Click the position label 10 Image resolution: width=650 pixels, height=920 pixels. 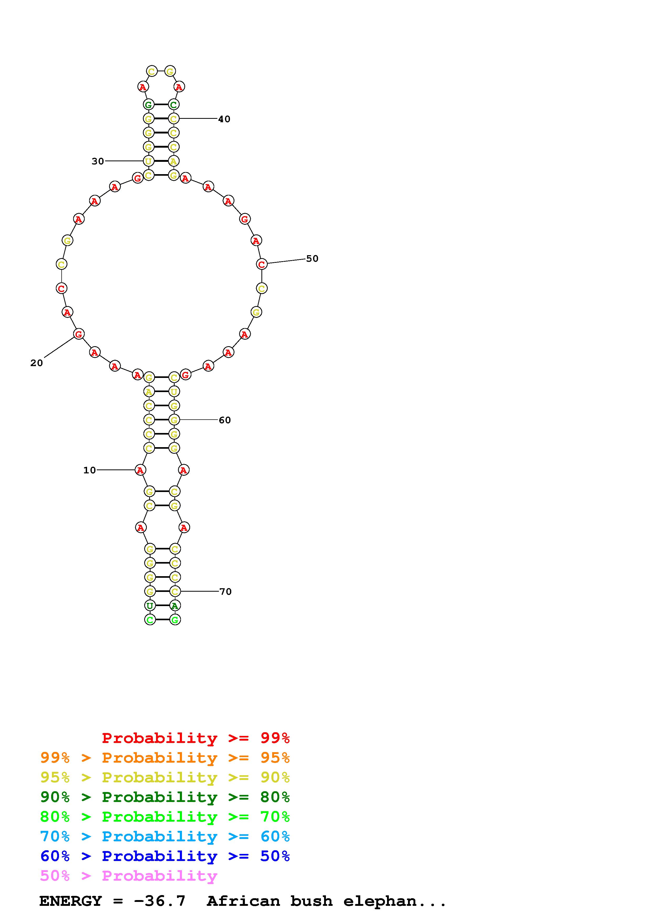90,470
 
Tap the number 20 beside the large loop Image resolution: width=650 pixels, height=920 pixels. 36,363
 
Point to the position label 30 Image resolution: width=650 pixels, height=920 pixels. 98,161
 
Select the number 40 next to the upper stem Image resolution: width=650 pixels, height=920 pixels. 224,119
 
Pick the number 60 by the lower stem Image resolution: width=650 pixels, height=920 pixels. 225,420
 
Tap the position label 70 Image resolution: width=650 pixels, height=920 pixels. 225,591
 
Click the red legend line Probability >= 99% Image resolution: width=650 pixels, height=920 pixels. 196,738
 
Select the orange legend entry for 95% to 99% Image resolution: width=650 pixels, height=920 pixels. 165,758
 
